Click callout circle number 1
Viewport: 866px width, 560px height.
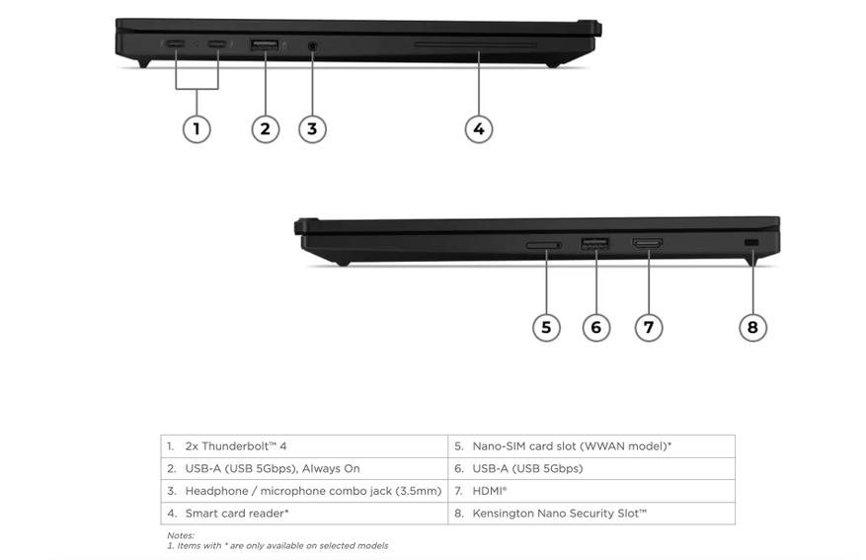pyautogui.click(x=197, y=129)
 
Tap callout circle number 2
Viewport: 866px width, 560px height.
pyautogui.click(x=265, y=129)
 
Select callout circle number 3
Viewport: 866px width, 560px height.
pyautogui.click(x=312, y=129)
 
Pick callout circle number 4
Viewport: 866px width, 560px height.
pyautogui.click(x=478, y=129)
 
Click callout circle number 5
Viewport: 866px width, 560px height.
pyautogui.click(x=546, y=328)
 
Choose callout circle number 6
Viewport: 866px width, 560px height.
pyautogui.click(x=595, y=328)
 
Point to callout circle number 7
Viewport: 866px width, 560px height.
pyautogui.click(x=649, y=328)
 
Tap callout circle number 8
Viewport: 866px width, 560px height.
pyautogui.click(x=752, y=328)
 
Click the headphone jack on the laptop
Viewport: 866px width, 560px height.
pyautogui.click(x=312, y=45)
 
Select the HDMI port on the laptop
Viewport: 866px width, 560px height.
pyautogui.click(x=648, y=242)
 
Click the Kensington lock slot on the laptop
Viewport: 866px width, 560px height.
pyautogui.click(x=751, y=242)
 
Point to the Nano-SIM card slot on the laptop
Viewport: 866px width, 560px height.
pyautogui.click(x=544, y=245)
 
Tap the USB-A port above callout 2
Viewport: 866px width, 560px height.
pyautogui.click(x=265, y=44)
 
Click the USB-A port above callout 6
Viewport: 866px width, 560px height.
pyautogui.click(x=594, y=243)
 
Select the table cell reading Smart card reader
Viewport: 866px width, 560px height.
pyautogui.click(x=304, y=513)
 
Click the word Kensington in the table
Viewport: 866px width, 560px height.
pyautogui.click(x=504, y=514)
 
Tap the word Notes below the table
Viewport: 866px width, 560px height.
pyautogui.click(x=181, y=535)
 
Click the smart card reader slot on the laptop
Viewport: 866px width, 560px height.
pyautogui.click(x=476, y=43)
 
